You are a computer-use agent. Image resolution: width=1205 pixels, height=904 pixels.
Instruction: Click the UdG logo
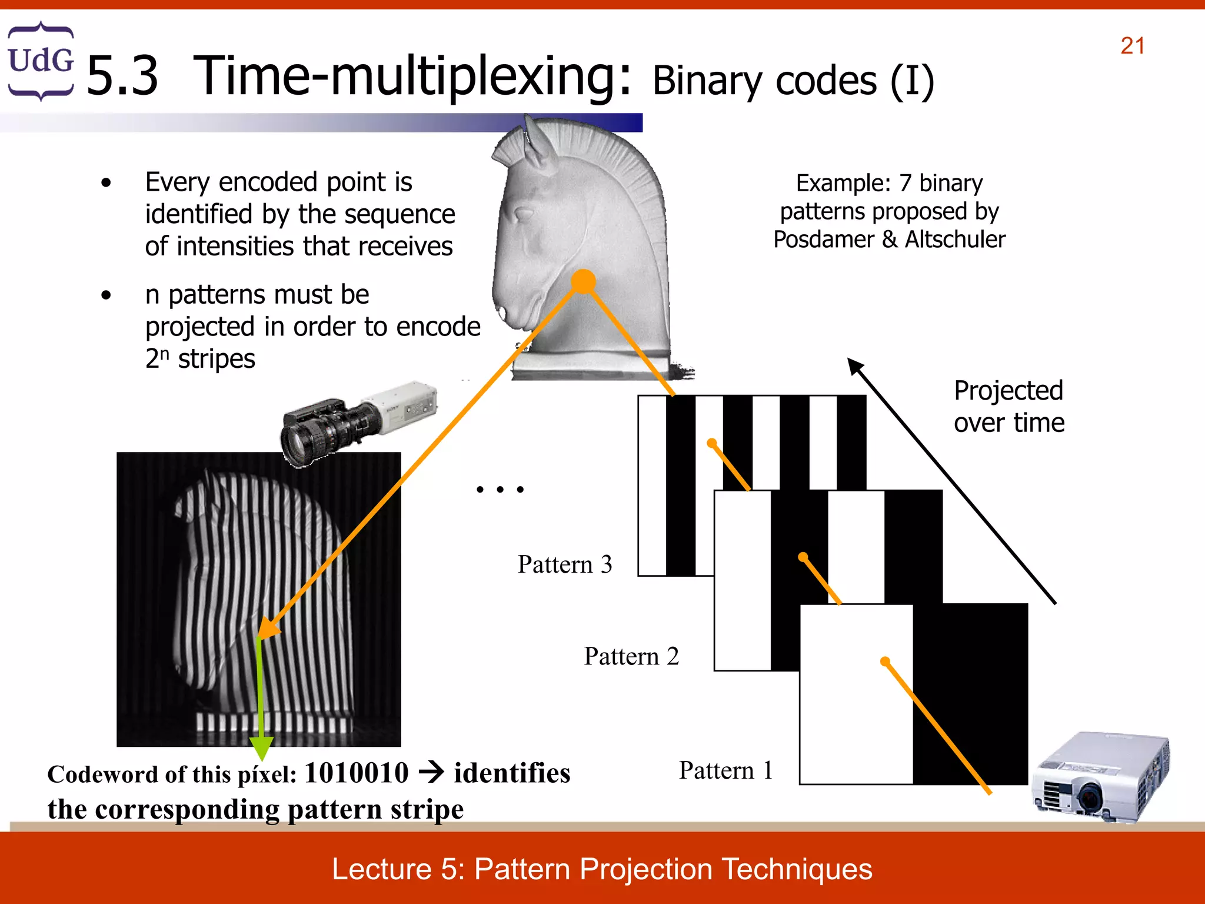41,61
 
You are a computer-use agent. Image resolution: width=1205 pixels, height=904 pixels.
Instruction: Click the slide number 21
1132,46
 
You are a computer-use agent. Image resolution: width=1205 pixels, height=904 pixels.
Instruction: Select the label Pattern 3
564,564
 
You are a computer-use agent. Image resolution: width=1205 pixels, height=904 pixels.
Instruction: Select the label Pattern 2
631,656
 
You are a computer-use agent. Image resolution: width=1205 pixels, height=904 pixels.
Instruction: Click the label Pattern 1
725,770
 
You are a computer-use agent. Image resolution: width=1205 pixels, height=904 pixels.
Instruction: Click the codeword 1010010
357,773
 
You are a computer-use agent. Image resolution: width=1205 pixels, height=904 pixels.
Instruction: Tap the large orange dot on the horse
583,281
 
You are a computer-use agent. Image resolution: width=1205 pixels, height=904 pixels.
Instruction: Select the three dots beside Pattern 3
500,489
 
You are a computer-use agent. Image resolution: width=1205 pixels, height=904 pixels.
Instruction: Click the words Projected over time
1008,407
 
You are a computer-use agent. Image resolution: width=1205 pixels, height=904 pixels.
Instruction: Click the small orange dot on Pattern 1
884,662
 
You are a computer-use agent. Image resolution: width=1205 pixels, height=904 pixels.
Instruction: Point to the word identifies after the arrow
512,773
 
